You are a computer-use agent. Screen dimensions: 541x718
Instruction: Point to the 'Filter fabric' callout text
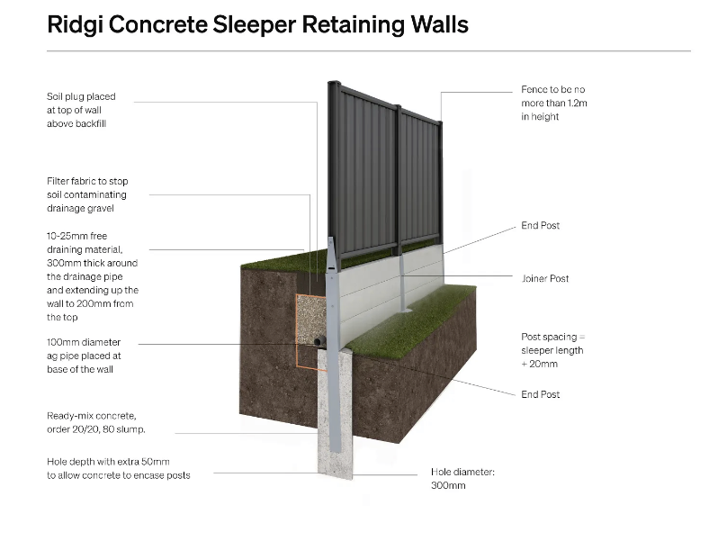pos(86,194)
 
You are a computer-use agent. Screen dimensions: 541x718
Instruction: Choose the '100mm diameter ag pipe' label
pos(83,356)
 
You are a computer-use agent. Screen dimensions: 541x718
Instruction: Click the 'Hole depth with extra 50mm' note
pos(118,468)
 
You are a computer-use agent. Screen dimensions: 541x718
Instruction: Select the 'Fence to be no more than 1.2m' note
pos(553,103)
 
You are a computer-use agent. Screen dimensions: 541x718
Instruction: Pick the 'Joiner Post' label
pos(545,279)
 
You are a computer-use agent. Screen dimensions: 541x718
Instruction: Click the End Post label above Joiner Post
pos(541,225)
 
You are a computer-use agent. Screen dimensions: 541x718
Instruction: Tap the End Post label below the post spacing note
pos(541,394)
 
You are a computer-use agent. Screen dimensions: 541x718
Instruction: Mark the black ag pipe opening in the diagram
pos(319,343)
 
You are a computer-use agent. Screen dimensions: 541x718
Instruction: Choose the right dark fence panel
pos(420,176)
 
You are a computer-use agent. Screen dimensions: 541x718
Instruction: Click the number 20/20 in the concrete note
pos(90,429)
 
